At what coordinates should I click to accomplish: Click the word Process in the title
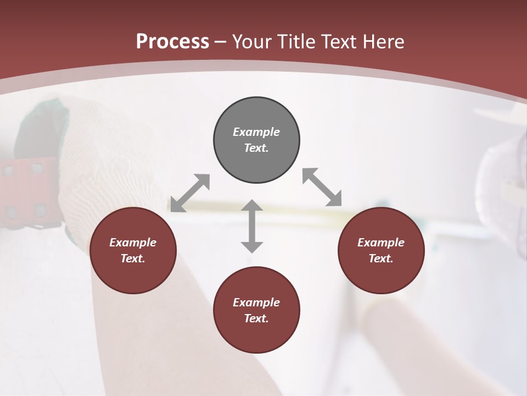coord(172,42)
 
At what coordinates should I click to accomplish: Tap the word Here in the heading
coord(383,42)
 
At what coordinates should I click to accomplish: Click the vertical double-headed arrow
coord(252,226)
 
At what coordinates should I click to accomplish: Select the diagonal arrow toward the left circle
coord(190,193)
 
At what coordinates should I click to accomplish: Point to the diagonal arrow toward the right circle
coord(322,187)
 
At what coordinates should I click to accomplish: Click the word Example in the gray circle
coord(256,132)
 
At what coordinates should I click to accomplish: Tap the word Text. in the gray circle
coord(256,148)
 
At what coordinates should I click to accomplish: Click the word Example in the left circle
coord(133,243)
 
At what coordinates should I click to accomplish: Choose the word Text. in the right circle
coord(381,258)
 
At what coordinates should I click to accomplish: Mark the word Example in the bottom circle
coord(256,302)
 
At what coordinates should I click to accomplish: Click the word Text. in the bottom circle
coord(256,318)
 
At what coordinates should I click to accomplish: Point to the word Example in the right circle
coord(381,243)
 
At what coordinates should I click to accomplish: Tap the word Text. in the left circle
coord(133,258)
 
